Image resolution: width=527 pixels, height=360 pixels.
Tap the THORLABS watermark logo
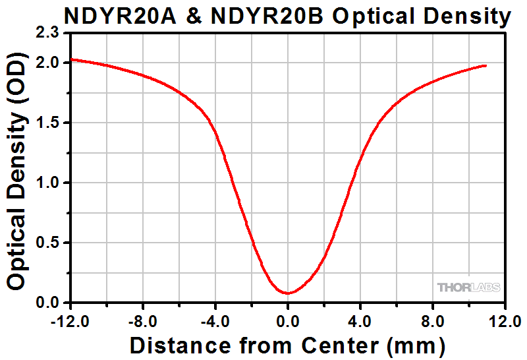(x=468, y=287)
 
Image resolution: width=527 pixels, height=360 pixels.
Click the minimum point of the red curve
(x=287, y=293)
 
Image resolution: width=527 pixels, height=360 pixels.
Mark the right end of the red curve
(x=486, y=65)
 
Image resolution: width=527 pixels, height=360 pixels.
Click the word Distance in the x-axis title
(x=176, y=344)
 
